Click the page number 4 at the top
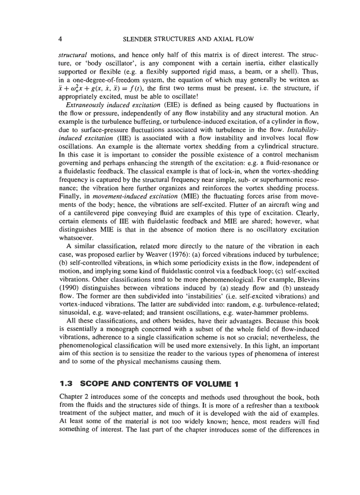pos(60,39)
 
